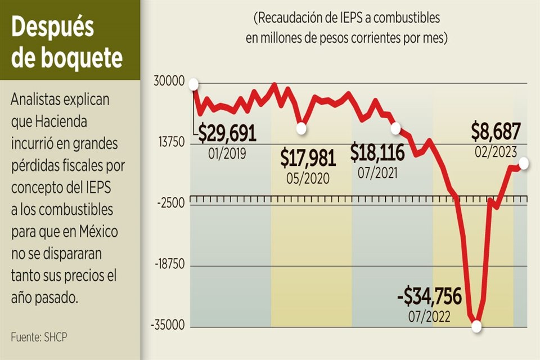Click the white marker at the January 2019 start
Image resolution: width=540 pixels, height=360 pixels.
(x=194, y=84)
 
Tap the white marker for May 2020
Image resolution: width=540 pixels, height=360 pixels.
(x=301, y=129)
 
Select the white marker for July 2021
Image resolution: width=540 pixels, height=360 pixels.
(x=395, y=129)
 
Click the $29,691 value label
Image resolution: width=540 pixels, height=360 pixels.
(x=227, y=133)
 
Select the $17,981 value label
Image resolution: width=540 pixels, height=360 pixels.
(x=308, y=159)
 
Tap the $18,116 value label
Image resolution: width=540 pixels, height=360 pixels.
(x=377, y=152)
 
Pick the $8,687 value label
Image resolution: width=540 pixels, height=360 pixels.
(x=496, y=133)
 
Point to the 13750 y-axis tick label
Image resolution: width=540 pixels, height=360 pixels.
(x=169, y=143)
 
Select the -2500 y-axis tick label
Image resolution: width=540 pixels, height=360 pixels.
(x=170, y=204)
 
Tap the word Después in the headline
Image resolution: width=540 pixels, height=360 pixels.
(x=53, y=28)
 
